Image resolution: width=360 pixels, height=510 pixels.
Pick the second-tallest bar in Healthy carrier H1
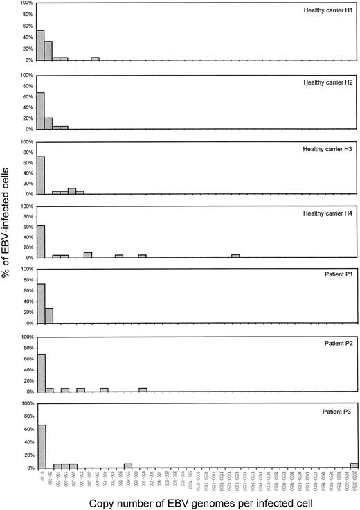tap(48, 51)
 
